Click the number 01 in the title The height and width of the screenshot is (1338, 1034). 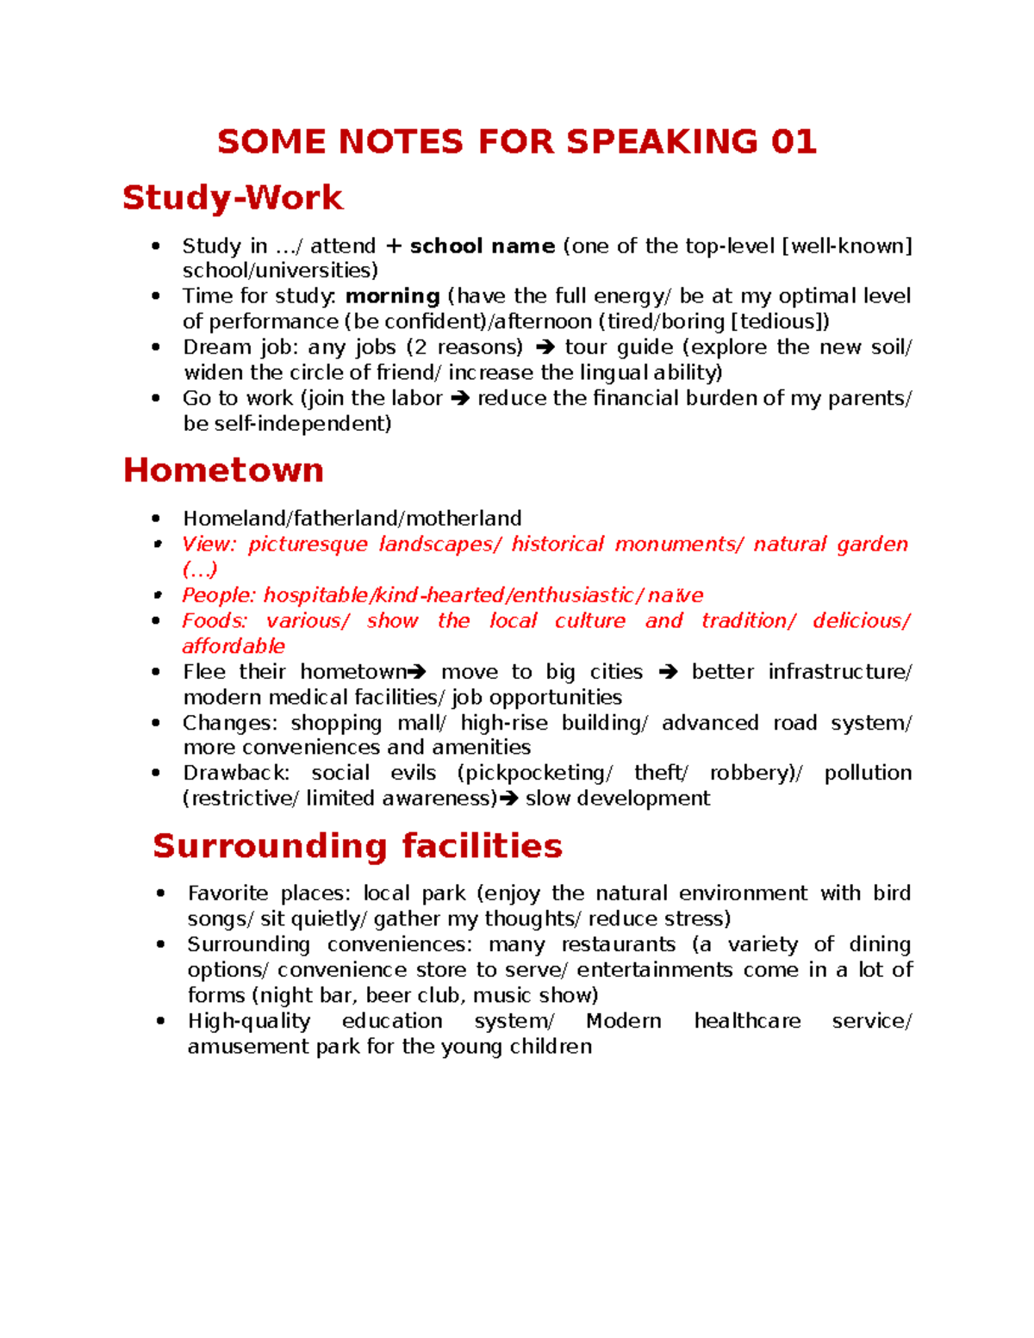[x=793, y=142]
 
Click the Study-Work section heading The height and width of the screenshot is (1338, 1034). [x=233, y=197]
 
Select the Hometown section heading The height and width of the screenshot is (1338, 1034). [x=223, y=470]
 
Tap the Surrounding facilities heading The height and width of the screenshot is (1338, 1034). [x=357, y=846]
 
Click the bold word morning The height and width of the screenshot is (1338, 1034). [x=393, y=296]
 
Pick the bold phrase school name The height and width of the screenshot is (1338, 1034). [x=482, y=246]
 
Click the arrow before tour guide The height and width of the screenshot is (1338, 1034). [x=545, y=348]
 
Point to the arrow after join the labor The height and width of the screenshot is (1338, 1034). [x=460, y=399]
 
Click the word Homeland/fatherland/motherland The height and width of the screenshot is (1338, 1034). [x=352, y=519]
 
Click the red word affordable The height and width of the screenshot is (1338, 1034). [x=233, y=646]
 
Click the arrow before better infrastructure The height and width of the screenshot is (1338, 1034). [x=668, y=672]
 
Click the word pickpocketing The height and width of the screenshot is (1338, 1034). [x=534, y=773]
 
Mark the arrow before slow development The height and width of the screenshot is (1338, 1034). [x=508, y=800]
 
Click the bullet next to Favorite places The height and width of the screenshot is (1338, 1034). [x=161, y=893]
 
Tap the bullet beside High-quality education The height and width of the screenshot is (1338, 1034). [x=161, y=1021]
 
